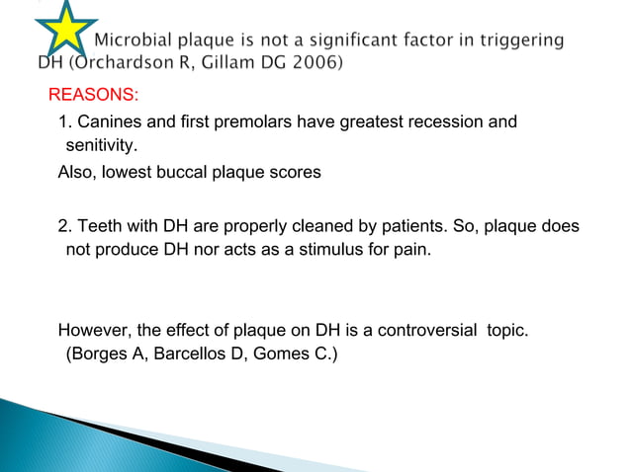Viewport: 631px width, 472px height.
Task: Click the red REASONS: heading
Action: [x=94, y=96]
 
